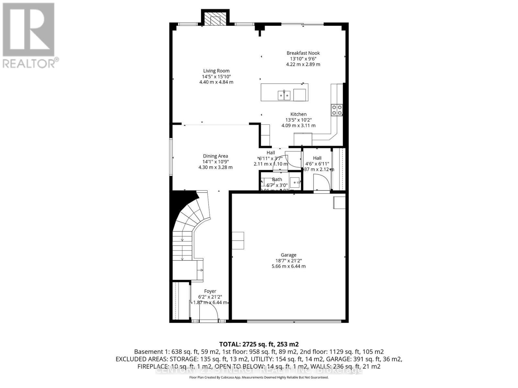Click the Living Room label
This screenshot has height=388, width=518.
(216, 71)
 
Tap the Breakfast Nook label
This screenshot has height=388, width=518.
(303, 53)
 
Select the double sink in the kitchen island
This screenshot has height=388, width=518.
(284, 95)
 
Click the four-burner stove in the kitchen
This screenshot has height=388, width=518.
(337, 110)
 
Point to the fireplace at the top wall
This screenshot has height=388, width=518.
(215, 19)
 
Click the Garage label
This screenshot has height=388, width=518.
(288, 255)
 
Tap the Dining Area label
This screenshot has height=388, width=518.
(215, 156)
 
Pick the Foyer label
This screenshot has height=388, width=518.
(210, 291)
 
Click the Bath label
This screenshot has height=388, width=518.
(277, 179)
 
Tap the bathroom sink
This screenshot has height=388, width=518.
(295, 182)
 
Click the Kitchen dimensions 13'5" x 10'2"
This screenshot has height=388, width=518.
(298, 120)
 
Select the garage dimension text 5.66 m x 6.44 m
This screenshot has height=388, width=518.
(288, 266)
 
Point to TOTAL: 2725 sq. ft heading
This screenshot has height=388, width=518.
(259, 344)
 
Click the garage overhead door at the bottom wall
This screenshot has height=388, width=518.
(294, 321)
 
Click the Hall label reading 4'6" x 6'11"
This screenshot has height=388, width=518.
(317, 158)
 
